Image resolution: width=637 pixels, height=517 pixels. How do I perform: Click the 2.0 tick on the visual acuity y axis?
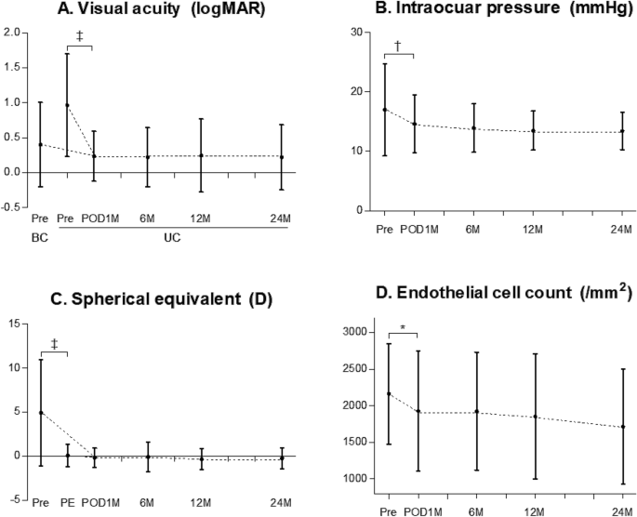tap(12, 33)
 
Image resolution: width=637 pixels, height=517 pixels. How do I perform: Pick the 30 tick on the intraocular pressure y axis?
tap(352, 33)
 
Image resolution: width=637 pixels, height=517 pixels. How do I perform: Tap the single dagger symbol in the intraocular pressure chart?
tap(397, 46)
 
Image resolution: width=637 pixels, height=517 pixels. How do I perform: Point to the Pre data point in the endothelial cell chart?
tap(388, 393)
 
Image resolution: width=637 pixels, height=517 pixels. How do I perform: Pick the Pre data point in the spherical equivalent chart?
tap(40, 412)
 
